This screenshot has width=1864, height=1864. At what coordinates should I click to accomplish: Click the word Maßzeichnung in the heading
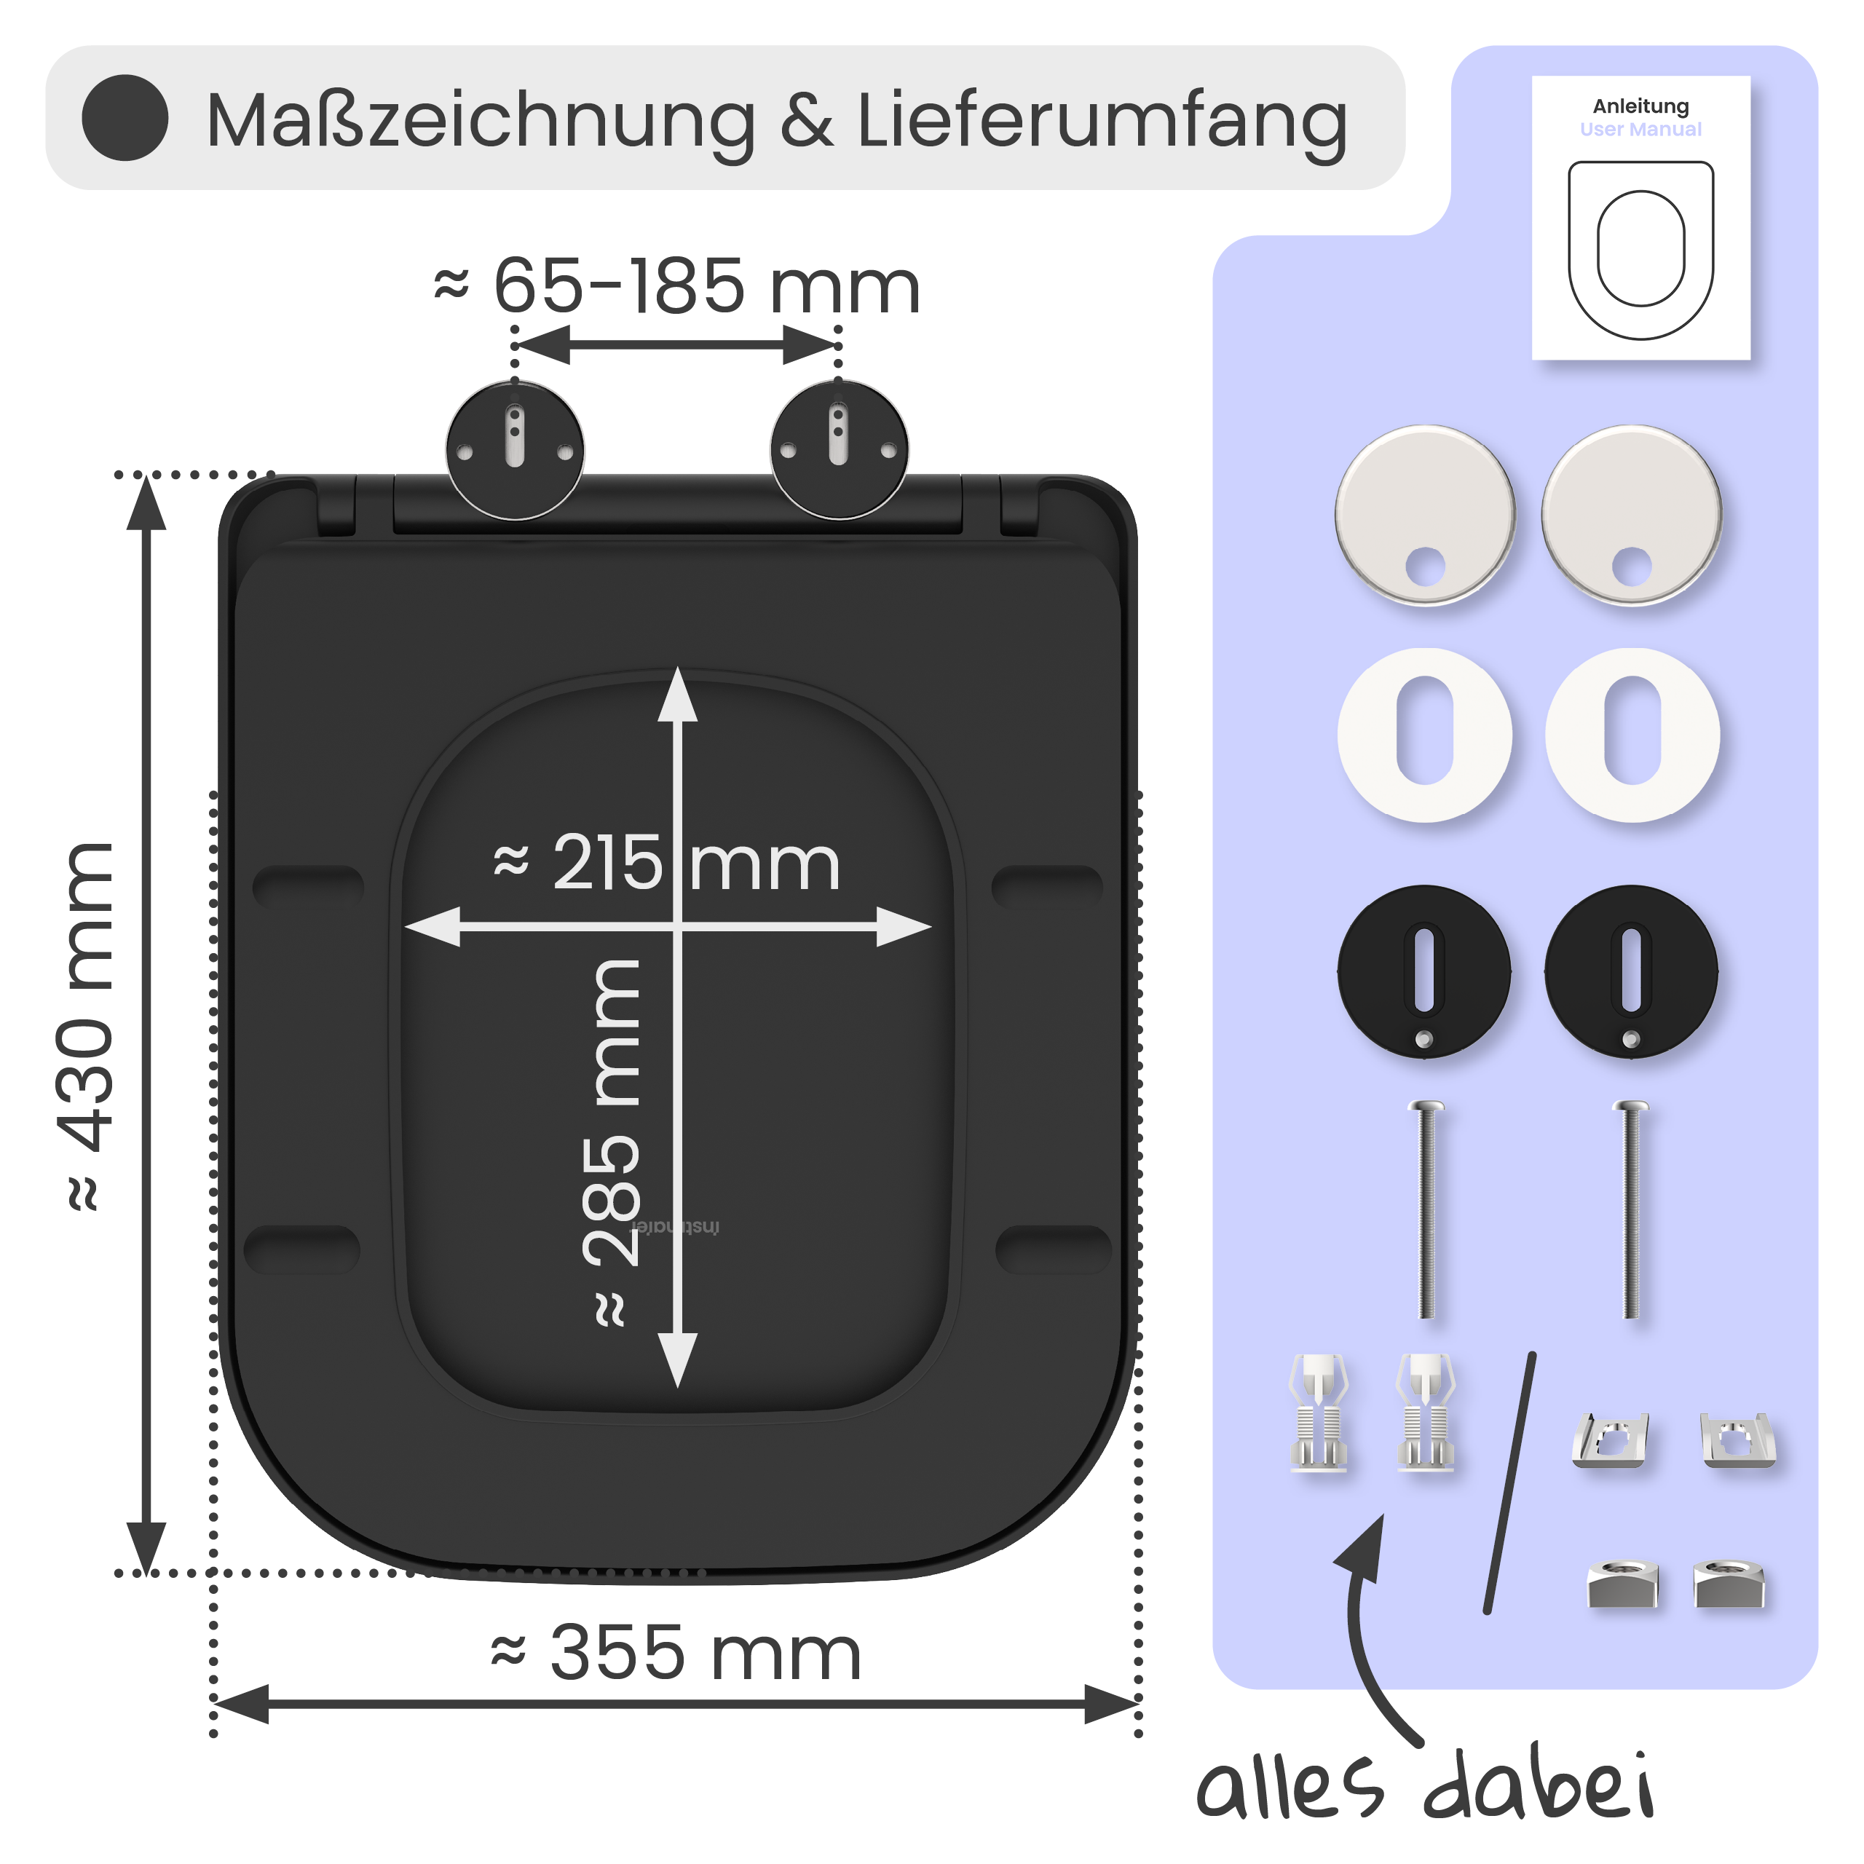point(481,122)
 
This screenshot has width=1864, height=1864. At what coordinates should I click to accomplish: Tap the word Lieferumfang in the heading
point(1102,122)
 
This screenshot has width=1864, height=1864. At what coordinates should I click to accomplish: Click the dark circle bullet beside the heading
point(125,118)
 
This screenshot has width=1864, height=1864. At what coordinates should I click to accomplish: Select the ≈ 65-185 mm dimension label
point(677,287)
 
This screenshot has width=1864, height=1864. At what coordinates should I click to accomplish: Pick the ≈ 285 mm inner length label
point(612,1142)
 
